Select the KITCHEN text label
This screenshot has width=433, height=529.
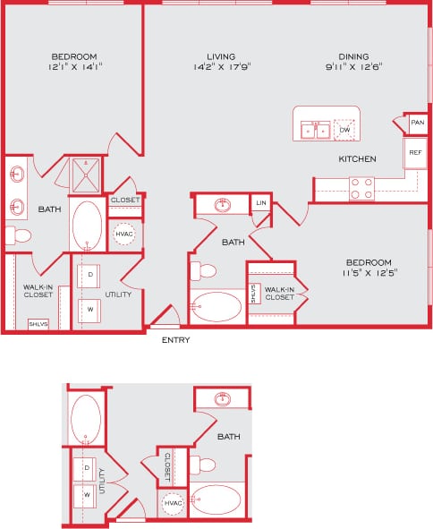(357, 159)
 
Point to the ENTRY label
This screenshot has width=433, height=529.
(175, 340)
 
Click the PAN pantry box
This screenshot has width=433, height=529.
(417, 122)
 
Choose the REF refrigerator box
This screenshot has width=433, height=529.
(415, 153)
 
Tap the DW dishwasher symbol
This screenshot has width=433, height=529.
(344, 131)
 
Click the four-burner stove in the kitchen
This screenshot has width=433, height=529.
(361, 187)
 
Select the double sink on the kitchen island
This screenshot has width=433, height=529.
(315, 131)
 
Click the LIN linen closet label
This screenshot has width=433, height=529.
(260, 204)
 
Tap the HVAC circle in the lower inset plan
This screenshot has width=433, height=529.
(172, 503)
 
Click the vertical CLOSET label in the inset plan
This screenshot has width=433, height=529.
(167, 466)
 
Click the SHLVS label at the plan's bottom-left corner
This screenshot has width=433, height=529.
(38, 323)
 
